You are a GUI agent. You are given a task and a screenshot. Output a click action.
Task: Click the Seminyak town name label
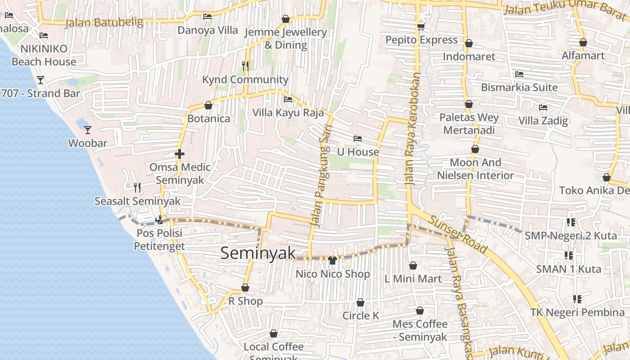[x=258, y=253]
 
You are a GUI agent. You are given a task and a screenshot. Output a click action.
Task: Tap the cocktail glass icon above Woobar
[x=88, y=130]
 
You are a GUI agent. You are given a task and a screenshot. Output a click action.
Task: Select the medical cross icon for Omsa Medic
[x=180, y=154]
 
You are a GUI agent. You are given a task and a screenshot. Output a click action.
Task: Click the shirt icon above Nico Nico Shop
[x=333, y=260]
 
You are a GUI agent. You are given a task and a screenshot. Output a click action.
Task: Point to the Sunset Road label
[x=458, y=234]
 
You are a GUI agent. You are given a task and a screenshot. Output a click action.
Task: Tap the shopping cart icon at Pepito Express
[x=421, y=27]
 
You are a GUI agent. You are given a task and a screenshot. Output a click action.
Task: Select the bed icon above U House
[x=358, y=139]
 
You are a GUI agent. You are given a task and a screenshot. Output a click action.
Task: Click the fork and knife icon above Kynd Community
[x=245, y=66]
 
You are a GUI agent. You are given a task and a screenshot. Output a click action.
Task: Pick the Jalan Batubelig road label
[x=104, y=22]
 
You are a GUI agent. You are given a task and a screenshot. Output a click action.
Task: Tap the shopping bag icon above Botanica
[x=208, y=105]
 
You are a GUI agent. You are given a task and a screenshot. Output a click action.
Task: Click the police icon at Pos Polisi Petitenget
[x=159, y=220]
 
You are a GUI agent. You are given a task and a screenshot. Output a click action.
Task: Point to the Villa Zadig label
[x=543, y=121]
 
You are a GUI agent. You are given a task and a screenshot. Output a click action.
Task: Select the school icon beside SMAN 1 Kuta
[x=569, y=256]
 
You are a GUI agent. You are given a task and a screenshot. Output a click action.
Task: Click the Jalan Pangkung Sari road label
[x=320, y=180]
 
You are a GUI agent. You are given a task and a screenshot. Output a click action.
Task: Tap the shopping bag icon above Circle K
[x=360, y=302]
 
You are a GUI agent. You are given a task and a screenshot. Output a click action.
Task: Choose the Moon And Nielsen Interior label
[x=476, y=169]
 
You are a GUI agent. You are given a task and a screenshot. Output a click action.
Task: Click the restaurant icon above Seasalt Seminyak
[x=137, y=188]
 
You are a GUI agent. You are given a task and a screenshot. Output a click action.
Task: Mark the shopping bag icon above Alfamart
[x=583, y=43]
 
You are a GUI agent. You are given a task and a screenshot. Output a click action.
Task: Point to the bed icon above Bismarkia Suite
[x=519, y=74]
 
